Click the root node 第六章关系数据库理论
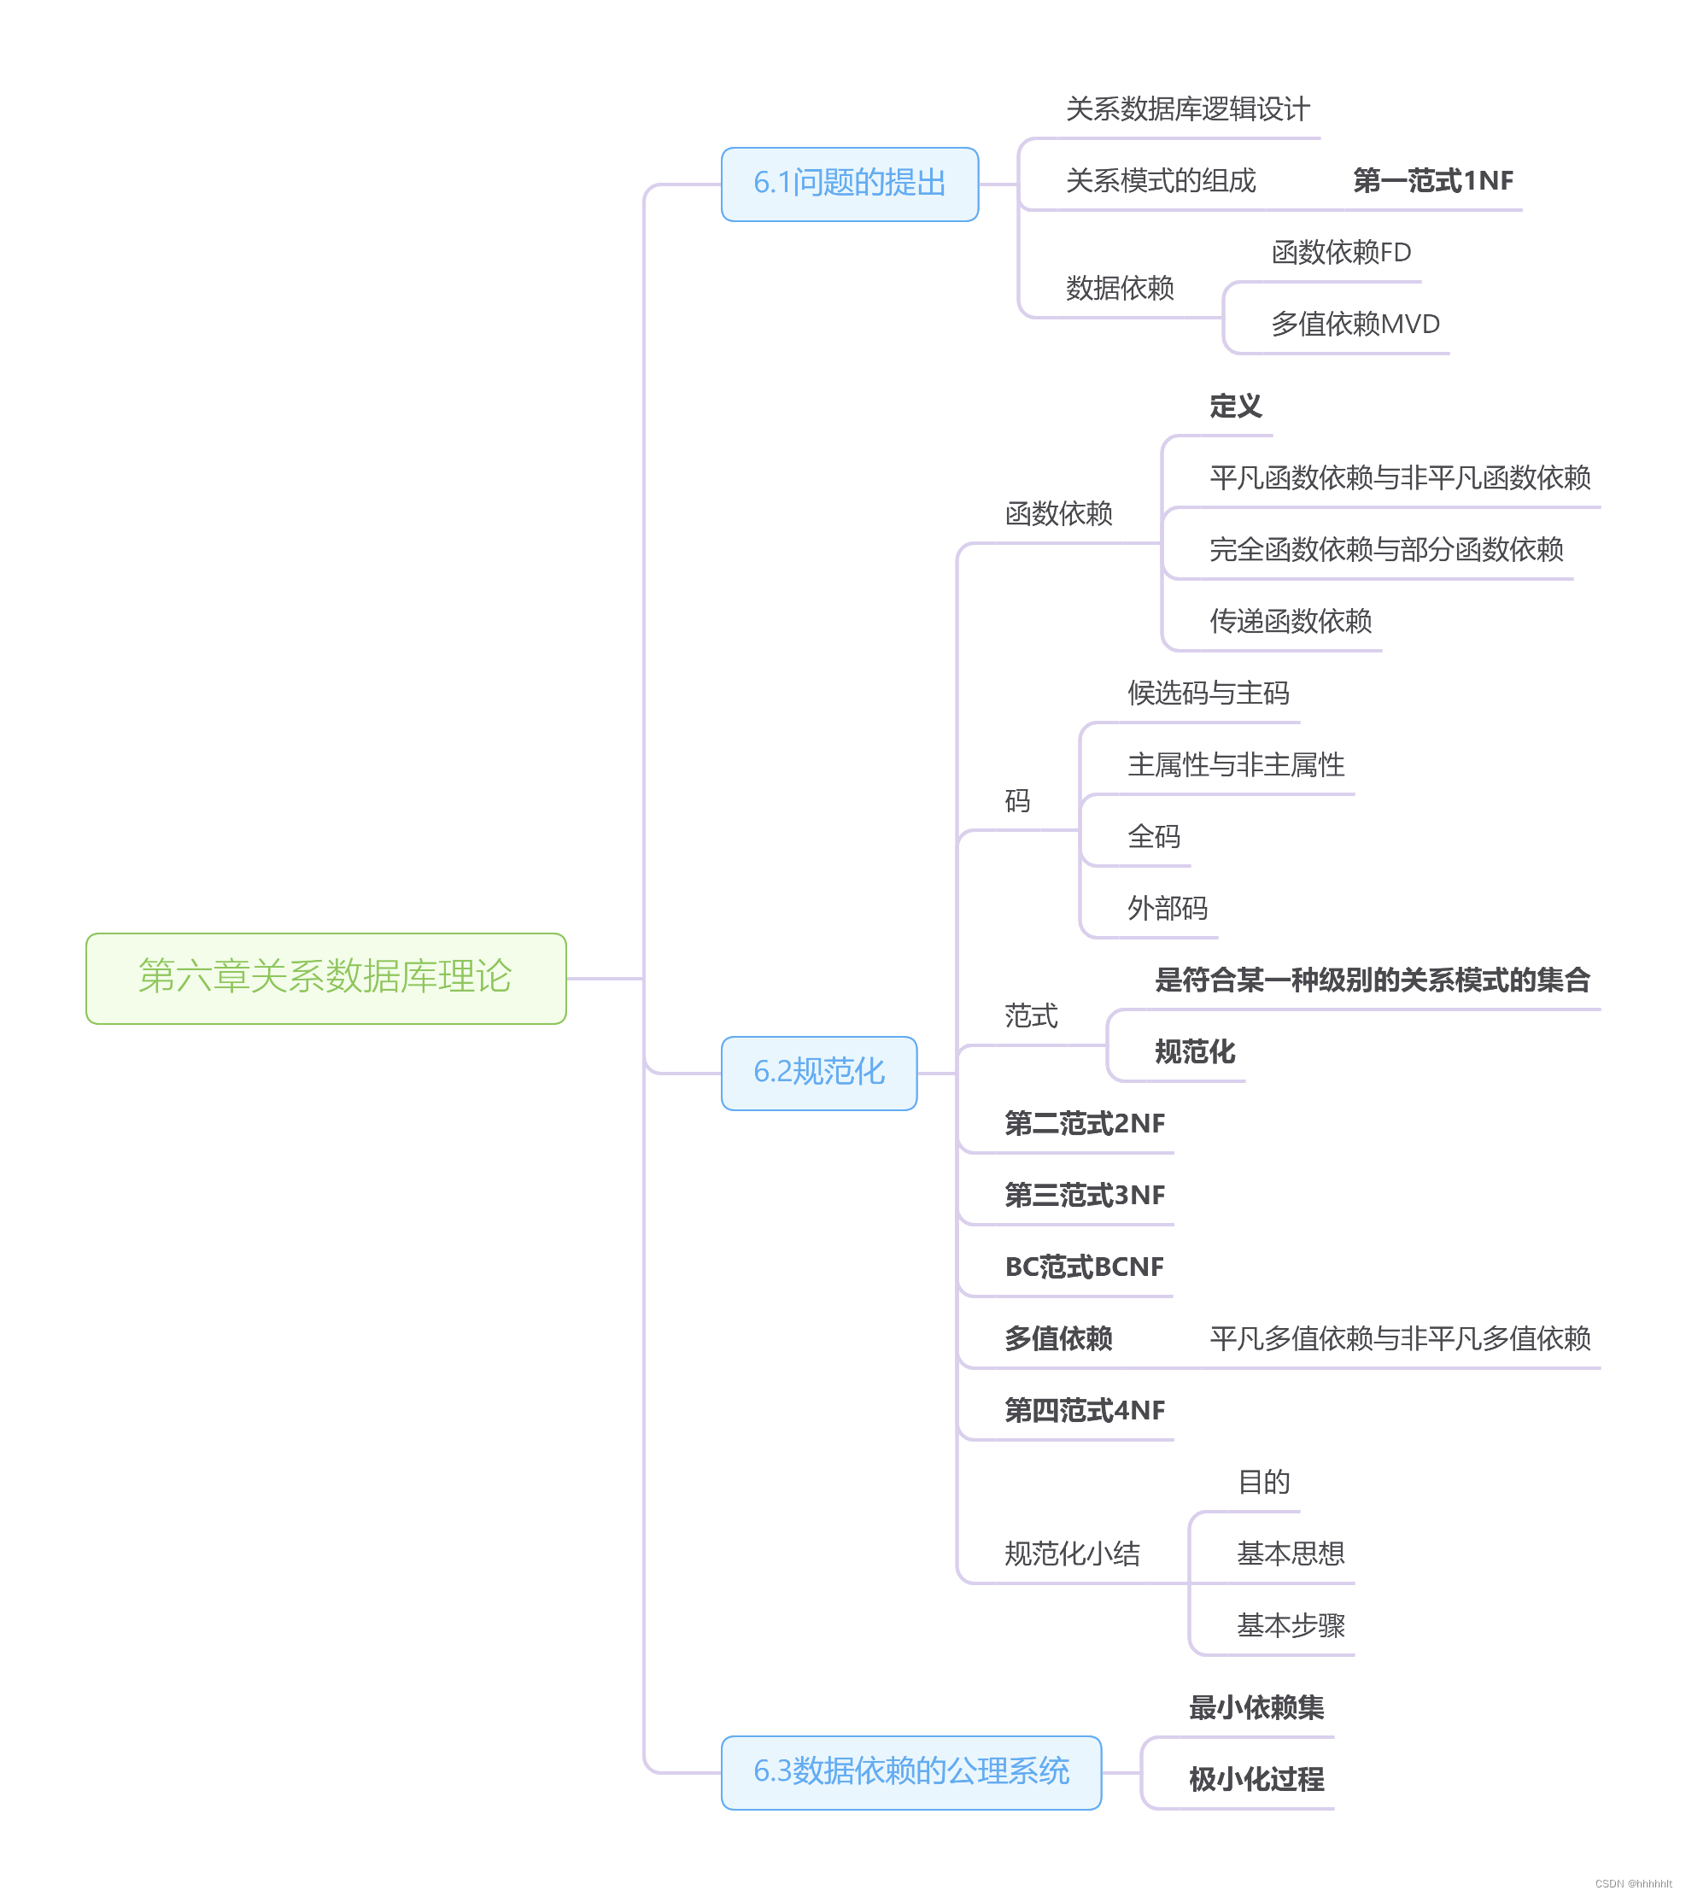[x=325, y=978]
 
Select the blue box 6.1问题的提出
[x=849, y=184]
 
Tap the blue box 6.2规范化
[x=818, y=1073]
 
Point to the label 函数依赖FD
[x=1340, y=252]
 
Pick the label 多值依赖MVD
[x=1354, y=324]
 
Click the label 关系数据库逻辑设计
[x=1187, y=109]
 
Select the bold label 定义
[x=1234, y=407]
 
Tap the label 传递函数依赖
[x=1289, y=622]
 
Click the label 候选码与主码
[x=1208, y=693]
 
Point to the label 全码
[x=1153, y=837]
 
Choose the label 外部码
[x=1167, y=908]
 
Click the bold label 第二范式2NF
[x=1084, y=1124]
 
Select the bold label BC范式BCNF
[x=1083, y=1267]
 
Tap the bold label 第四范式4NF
[x=1084, y=1411]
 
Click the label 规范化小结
[x=1071, y=1554]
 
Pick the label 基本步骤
[x=1290, y=1625]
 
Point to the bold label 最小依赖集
[x=1256, y=1708]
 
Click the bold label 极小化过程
[x=1256, y=1779]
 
